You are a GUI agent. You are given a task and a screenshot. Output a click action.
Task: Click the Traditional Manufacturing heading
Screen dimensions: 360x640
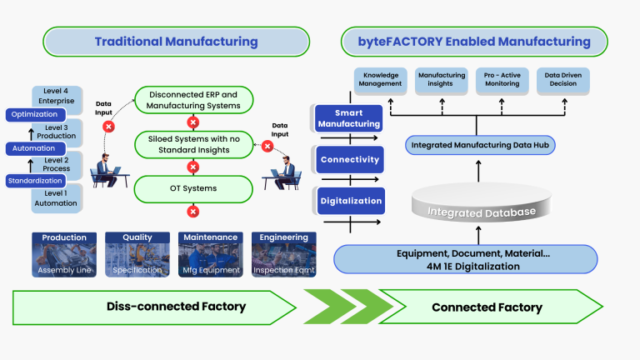coord(176,42)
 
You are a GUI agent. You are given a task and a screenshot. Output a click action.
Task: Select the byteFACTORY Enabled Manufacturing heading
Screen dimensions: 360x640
coord(476,42)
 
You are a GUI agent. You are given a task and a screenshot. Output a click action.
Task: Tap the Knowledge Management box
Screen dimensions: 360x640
coord(383,79)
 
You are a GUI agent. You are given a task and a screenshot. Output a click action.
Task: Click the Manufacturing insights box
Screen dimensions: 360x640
coord(442,79)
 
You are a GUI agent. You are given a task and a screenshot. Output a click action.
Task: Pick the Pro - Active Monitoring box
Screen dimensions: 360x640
coord(501,79)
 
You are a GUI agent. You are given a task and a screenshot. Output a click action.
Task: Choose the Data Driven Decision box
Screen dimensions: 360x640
coord(561,79)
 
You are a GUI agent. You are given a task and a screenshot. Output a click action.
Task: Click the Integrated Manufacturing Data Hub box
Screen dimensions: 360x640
coord(477,145)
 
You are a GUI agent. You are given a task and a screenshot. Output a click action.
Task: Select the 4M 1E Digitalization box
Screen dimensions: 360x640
coord(477,260)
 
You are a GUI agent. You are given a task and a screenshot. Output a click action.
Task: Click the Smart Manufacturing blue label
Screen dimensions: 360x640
coord(348,118)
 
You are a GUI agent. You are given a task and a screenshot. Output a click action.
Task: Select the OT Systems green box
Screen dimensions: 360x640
coord(192,188)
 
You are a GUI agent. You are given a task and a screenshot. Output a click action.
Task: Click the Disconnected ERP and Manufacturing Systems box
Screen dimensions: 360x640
coord(192,100)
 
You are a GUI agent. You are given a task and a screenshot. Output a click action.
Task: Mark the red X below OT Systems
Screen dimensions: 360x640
coord(192,212)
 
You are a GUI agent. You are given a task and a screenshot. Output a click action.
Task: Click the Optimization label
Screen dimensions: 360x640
coord(34,114)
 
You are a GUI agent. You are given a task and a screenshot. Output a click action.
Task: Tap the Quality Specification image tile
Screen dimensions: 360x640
coord(137,254)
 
